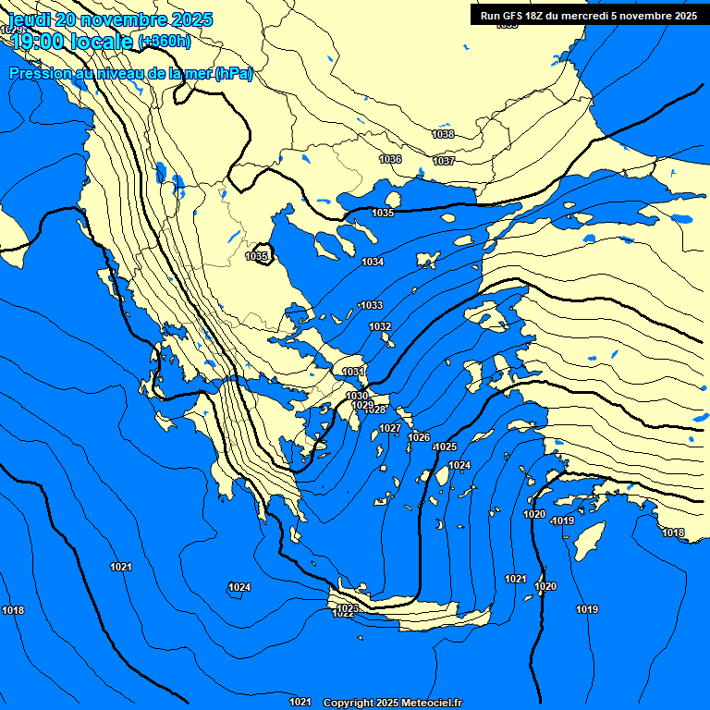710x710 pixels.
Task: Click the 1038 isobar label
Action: point(443,134)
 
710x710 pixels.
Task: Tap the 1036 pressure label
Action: point(390,159)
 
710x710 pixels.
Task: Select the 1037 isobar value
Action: point(444,161)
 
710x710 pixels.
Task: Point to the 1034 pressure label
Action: point(373,262)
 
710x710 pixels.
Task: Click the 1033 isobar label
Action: point(372,305)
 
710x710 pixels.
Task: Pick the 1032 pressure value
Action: point(380,326)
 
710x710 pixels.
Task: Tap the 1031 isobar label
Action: point(353,372)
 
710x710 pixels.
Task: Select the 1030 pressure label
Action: point(357,396)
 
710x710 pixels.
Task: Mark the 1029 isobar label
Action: point(362,405)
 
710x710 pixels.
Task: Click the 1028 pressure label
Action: point(375,410)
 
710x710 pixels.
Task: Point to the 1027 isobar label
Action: point(390,428)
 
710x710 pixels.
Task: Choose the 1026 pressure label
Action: point(420,437)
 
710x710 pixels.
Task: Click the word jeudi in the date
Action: point(31,19)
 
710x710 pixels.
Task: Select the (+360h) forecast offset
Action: point(164,41)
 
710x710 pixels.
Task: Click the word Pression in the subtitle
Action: point(40,74)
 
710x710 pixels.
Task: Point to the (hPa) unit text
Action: point(233,74)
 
